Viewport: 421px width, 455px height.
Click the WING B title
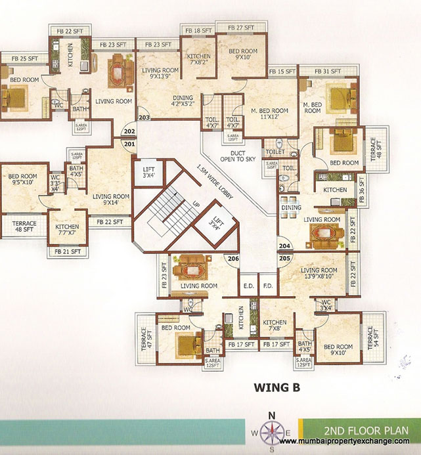[x=277, y=387]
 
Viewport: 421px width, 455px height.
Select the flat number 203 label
[x=144, y=118]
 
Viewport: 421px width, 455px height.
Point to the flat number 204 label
[x=284, y=247]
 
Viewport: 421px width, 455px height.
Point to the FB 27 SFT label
[x=240, y=28]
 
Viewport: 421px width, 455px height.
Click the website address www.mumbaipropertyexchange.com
[x=350, y=441]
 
